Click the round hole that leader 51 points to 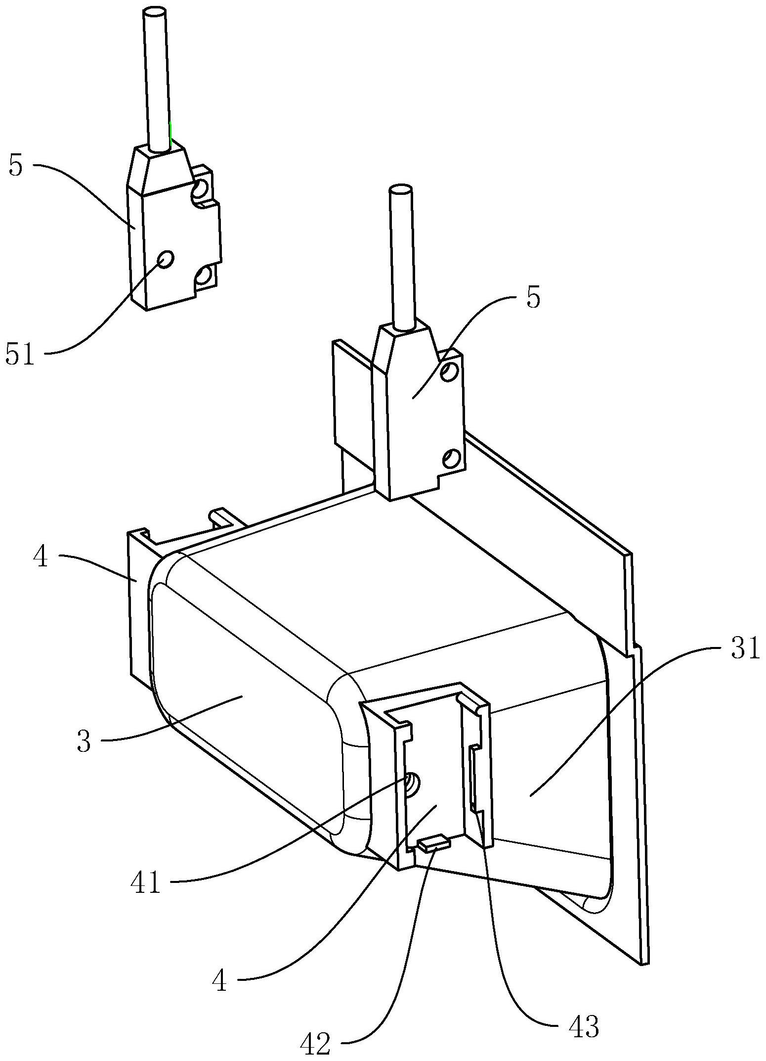click(166, 259)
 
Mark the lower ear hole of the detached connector click(203, 277)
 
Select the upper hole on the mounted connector click(448, 371)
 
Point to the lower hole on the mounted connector click(450, 458)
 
